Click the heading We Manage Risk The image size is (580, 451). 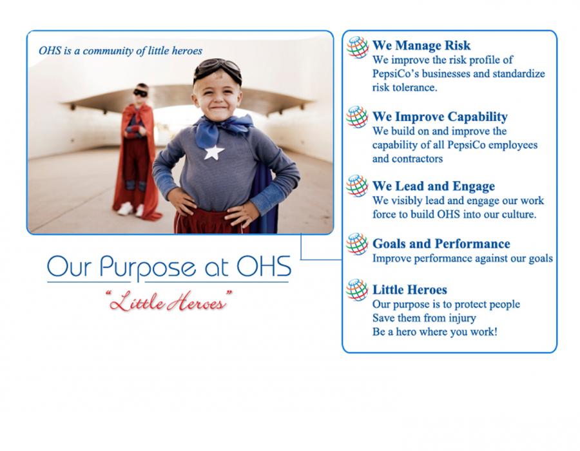421,46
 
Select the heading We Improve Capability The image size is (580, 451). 440,117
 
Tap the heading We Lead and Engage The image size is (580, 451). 434,186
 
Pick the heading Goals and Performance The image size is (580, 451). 441,244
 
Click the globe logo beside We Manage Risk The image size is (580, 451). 357,47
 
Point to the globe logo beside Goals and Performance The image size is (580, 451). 357,244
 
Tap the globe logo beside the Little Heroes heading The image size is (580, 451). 357,290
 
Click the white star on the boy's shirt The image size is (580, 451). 214,152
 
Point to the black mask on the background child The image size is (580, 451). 140,93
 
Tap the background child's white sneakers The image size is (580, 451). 131,209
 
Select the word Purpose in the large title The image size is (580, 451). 148,267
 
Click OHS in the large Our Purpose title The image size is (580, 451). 264,266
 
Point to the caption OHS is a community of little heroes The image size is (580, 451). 121,51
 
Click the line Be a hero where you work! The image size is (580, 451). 434,332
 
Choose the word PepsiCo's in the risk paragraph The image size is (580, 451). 396,73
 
